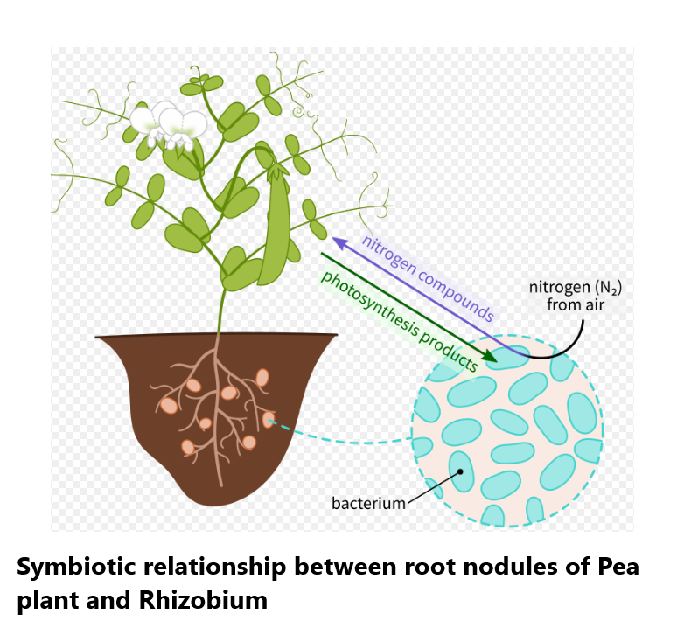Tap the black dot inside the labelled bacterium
coord(460,472)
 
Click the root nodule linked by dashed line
coord(269,420)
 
